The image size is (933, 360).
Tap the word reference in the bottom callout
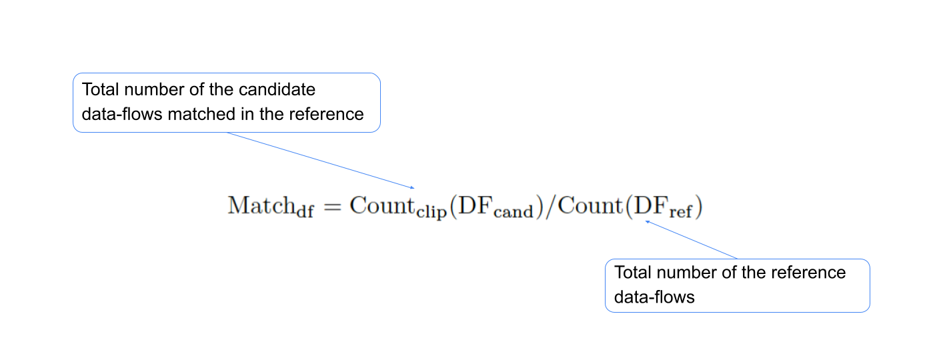(808, 273)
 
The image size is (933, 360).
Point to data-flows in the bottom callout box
(654, 297)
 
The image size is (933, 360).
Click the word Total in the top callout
(101, 89)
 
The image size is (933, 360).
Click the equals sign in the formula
(332, 207)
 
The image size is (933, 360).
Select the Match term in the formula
(261, 205)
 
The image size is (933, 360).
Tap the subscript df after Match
(305, 211)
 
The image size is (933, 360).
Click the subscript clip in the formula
(431, 211)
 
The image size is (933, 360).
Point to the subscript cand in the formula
(513, 211)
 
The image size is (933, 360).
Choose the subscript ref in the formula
(681, 211)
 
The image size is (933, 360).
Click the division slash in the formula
(551, 207)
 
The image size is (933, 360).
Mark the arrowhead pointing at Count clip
(412, 188)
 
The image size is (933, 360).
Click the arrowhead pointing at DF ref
(648, 222)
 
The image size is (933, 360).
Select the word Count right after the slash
(590, 205)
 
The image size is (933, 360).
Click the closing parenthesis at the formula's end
(698, 207)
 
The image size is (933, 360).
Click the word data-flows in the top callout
(122, 114)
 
